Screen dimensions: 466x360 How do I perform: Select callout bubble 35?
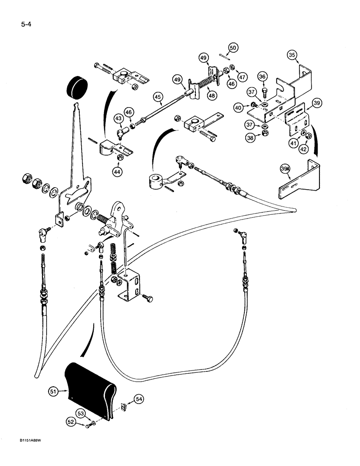(292, 55)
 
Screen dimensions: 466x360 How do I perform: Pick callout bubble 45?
(157, 96)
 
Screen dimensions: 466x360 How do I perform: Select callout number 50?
(234, 48)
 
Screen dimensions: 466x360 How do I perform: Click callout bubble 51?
(55, 392)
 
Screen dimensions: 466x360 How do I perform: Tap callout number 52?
(71, 422)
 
